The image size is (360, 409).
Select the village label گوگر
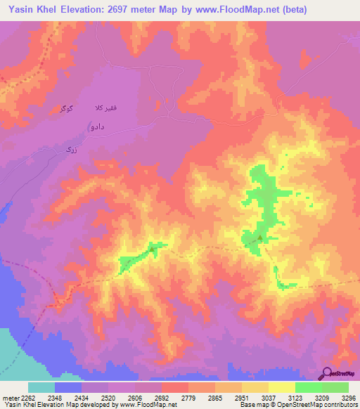click(x=63, y=110)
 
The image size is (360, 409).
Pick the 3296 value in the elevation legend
click(x=349, y=398)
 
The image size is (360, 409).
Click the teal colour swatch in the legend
click(x=41, y=387)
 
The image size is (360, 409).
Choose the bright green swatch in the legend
click(x=308, y=387)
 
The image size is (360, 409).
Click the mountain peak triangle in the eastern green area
click(x=260, y=238)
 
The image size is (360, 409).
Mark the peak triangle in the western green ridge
click(x=150, y=247)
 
